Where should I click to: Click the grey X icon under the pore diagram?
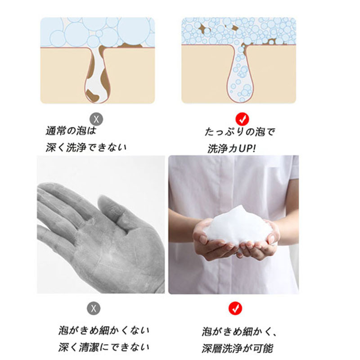(96, 119)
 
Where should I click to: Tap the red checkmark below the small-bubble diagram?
(242, 119)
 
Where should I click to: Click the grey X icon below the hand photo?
(94, 308)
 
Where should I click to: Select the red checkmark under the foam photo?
(235, 308)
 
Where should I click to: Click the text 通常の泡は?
(71, 131)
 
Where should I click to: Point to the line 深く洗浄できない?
(86, 148)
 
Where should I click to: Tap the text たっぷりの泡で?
(240, 132)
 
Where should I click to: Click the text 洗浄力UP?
(231, 149)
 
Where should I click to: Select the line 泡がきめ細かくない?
(104, 330)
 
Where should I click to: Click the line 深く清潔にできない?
(104, 347)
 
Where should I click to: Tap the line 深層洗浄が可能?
(238, 348)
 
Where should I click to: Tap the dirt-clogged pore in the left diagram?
(98, 73)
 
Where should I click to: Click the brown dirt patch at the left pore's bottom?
(92, 94)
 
